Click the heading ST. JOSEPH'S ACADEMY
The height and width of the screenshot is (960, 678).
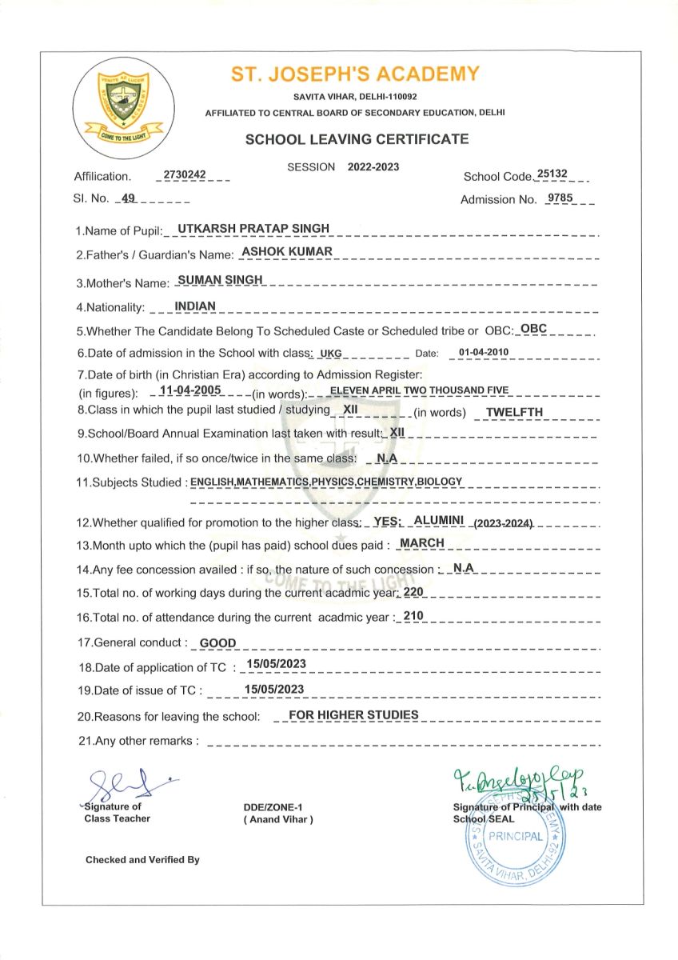(x=355, y=75)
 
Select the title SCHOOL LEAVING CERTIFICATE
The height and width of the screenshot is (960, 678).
(x=357, y=139)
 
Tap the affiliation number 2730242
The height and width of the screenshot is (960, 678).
(x=183, y=174)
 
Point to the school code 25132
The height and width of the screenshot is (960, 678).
(x=552, y=174)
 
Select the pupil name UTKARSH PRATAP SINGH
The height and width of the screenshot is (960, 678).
(x=253, y=228)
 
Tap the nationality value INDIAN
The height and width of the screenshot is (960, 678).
(x=194, y=305)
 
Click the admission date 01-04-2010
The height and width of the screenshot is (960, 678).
(x=484, y=351)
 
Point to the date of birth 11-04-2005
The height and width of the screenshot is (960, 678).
(x=190, y=390)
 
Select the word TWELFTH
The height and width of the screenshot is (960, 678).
(x=514, y=412)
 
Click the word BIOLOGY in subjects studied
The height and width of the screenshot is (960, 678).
(x=438, y=481)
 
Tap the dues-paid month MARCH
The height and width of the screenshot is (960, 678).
(x=421, y=542)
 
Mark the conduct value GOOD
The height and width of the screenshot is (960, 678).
(x=217, y=642)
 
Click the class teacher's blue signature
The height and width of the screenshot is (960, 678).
(x=128, y=780)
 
